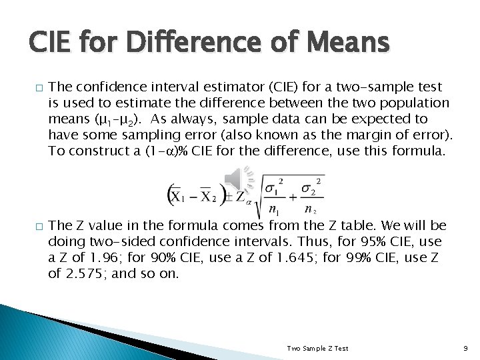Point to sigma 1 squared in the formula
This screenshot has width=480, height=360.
276,187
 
